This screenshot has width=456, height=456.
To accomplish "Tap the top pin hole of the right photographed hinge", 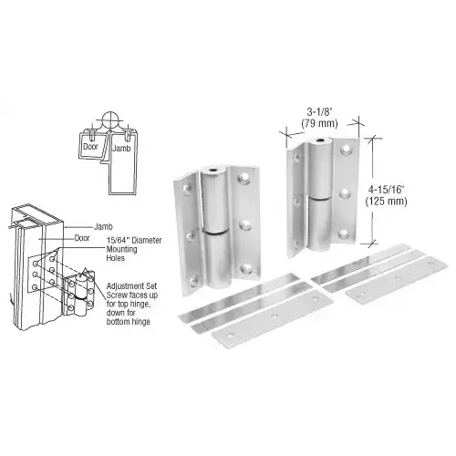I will click(x=321, y=142).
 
